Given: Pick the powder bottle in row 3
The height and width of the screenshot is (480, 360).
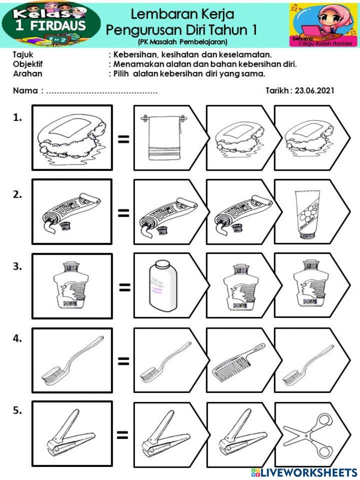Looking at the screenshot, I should click(162, 286).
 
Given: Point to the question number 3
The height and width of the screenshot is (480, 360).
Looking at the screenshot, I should click(17, 267).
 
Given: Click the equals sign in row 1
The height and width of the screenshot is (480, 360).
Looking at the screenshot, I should click(123, 139).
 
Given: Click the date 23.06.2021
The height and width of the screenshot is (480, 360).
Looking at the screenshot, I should click(314, 90).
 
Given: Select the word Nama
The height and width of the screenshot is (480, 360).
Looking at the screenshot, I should click(25, 90).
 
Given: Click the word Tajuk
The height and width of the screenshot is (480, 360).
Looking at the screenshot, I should click(23, 55).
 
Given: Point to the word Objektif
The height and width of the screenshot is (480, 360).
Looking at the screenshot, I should click(28, 64).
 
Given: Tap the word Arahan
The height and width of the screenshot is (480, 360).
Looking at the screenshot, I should click(27, 74).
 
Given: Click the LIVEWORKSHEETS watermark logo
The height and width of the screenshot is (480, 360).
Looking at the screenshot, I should click(304, 472).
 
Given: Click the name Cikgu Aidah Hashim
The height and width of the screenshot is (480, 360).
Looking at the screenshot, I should click(325, 43).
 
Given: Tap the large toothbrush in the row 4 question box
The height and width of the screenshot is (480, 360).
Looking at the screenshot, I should click(72, 360).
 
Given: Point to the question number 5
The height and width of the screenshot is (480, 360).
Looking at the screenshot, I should click(17, 411).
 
